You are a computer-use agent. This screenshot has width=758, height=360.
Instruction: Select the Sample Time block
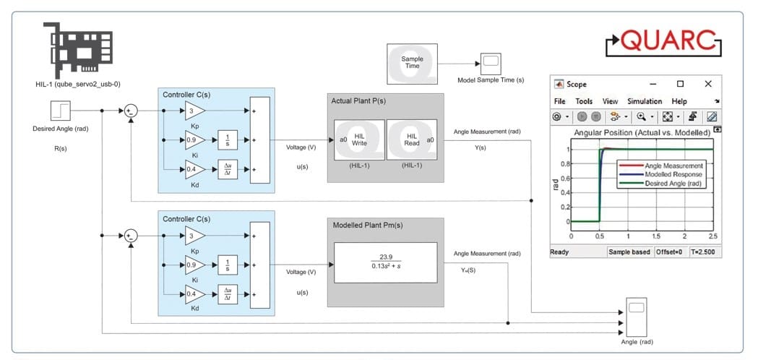click(x=411, y=62)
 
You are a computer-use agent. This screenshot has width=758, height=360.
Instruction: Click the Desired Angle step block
click(x=60, y=111)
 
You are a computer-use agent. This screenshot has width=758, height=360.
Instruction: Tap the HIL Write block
click(x=359, y=140)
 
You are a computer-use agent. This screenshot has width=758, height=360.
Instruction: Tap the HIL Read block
click(x=412, y=140)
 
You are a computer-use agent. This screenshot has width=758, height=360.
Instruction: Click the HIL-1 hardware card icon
click(x=70, y=46)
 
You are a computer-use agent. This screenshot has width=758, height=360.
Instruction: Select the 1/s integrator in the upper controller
click(x=228, y=140)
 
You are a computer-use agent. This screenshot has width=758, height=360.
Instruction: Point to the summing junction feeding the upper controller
click(x=130, y=111)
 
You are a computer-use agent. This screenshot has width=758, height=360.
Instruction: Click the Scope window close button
click(x=707, y=84)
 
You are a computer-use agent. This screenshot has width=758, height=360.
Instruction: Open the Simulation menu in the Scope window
click(x=644, y=101)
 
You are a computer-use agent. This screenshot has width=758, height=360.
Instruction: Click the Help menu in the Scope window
click(x=679, y=101)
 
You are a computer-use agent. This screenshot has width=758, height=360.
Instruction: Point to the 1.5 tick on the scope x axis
click(x=656, y=236)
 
